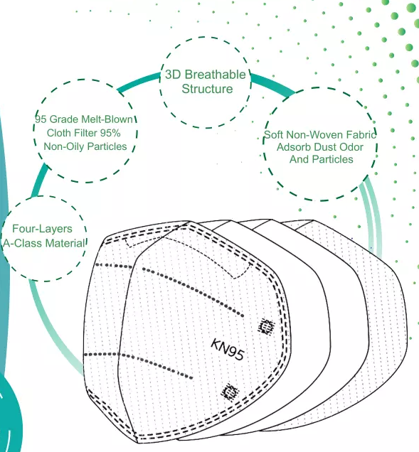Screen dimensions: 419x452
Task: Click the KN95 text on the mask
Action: coord(228,349)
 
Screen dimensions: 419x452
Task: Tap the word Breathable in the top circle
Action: coord(215,75)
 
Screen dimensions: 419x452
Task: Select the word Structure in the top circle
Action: coord(207,89)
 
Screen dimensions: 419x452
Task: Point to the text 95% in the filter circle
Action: coord(110,133)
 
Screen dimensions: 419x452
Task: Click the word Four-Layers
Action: coord(42,229)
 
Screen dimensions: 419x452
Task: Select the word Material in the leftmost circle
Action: coord(65,243)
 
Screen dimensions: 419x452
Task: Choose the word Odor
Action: coord(351,147)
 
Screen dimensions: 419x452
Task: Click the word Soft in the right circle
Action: coord(274,135)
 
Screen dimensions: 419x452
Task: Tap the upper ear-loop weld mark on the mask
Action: coord(266,326)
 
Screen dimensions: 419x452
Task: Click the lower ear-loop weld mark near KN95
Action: coord(230,392)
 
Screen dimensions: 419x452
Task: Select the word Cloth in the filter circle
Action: coord(59,133)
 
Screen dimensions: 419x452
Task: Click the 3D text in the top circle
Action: coord(173,75)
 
